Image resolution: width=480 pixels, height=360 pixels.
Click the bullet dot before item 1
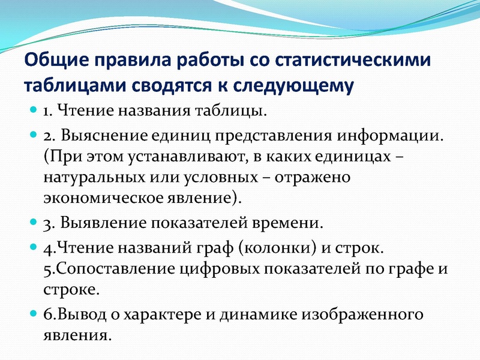(x=34, y=111)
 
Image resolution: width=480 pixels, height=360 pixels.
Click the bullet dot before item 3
(x=34, y=223)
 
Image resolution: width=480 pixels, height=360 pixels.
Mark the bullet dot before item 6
(x=34, y=314)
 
